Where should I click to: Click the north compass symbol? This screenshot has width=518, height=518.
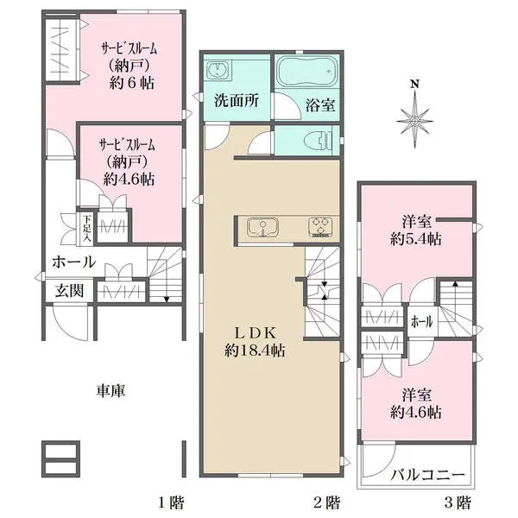[x=414, y=113]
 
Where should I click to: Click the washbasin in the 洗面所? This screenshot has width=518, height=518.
[x=218, y=70]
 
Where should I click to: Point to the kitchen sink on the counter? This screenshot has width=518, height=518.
[x=259, y=228]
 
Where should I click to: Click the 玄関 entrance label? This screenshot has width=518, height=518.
[x=69, y=291]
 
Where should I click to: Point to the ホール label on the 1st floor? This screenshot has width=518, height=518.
[x=73, y=262]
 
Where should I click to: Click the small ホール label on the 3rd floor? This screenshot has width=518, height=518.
[x=422, y=322]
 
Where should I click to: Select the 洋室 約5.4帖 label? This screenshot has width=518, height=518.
[x=414, y=231]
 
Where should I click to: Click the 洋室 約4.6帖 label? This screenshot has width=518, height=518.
[x=414, y=403]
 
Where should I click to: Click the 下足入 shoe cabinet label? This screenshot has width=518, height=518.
[x=87, y=226]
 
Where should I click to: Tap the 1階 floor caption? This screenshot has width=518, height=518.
[x=171, y=502]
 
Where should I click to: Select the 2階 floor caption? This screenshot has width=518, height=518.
[x=325, y=502]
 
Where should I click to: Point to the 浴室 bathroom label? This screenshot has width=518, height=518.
[x=320, y=104]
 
